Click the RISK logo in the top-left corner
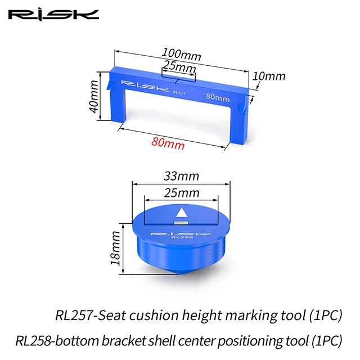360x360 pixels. click(x=53, y=15)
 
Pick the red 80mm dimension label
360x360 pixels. click(x=168, y=143)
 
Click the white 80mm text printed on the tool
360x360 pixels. click(x=218, y=98)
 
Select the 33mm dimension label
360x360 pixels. click(x=182, y=175)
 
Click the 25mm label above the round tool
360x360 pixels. click(x=182, y=193)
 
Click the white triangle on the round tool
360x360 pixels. click(x=182, y=213)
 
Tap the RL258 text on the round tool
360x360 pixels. click(x=181, y=238)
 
